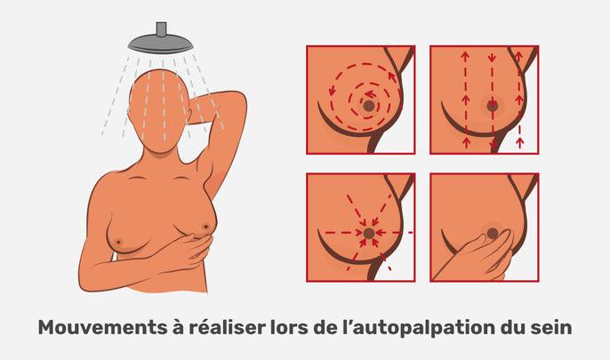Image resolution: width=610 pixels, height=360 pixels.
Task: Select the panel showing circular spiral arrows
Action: [x=360, y=100]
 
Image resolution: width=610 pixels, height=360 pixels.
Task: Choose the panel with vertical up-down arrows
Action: [x=483, y=100]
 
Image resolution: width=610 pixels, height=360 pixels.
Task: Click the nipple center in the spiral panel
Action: [x=367, y=107]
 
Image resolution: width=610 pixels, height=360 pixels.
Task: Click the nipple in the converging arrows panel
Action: [x=368, y=233]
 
